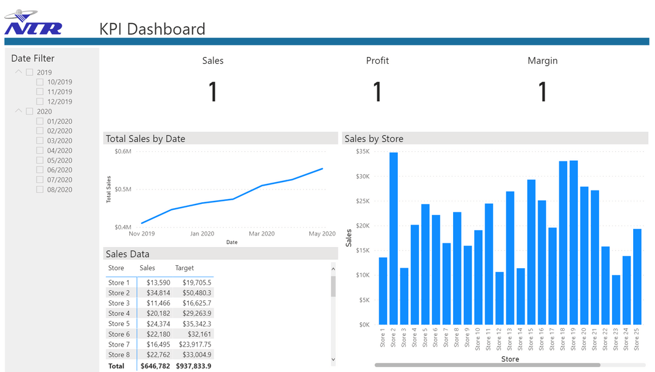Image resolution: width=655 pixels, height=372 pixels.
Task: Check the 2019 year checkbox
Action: coord(30,72)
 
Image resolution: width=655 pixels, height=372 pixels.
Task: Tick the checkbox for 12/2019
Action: coord(40,101)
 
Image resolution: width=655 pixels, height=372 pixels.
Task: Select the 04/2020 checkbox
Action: coord(40,150)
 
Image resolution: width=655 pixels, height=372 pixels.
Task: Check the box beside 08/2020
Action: coord(40,189)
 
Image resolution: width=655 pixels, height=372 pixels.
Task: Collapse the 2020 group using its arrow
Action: coord(19,111)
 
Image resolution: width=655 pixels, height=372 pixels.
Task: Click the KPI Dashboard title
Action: coord(152,29)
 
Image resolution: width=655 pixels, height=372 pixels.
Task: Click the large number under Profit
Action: coord(377,92)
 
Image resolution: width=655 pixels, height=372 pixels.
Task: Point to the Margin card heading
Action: coord(542,61)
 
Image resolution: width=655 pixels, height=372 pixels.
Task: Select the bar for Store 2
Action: coord(394,238)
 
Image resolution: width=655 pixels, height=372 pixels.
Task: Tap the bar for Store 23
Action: coord(616,300)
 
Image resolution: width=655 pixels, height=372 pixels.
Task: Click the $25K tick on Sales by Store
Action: coord(362,201)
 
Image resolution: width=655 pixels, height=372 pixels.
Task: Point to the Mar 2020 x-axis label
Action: coord(261,234)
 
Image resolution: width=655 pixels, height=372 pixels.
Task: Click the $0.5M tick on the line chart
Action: coord(123,189)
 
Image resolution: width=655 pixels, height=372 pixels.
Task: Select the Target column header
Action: coord(184,268)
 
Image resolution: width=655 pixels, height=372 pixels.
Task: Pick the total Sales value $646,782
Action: coord(155,366)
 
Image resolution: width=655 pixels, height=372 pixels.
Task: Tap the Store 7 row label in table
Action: coord(119,344)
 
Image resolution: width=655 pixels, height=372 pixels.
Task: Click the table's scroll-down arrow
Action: coord(333,360)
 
